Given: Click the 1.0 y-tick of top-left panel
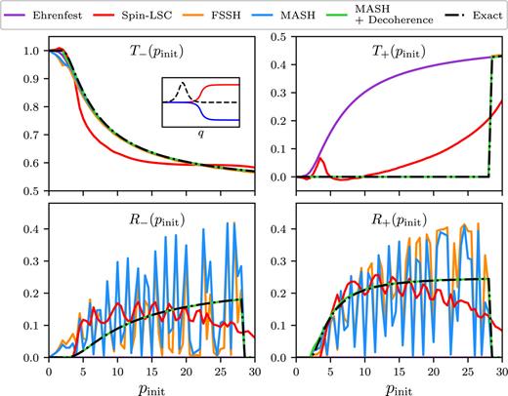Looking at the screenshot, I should (x=34, y=51).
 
